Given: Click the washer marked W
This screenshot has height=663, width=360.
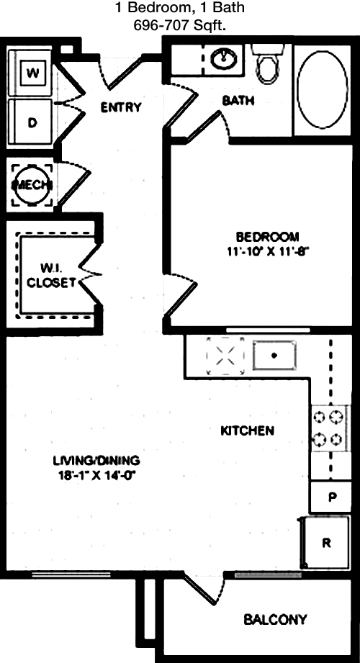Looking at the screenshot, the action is [30, 73].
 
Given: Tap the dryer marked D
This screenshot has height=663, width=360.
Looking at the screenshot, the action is [30, 122].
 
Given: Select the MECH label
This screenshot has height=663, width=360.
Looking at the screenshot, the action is [32, 185].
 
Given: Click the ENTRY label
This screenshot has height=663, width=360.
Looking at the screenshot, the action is [120, 107].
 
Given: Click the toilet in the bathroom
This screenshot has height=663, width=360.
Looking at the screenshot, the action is [266, 63].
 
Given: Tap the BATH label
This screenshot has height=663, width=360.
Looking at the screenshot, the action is [238, 101].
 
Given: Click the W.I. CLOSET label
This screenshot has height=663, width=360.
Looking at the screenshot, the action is [52, 275].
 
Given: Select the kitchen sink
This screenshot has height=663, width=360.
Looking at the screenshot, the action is [274, 355].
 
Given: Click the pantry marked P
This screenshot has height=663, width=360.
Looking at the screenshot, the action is [331, 497].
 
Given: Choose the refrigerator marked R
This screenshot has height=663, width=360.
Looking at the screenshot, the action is [325, 543].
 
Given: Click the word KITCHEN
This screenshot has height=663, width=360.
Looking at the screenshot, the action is [248, 431].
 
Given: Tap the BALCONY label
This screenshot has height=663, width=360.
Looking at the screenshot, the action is [275, 620].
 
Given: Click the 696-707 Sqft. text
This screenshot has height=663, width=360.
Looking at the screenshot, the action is [179, 26].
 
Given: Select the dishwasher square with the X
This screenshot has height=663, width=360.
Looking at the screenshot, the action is [225, 356].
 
